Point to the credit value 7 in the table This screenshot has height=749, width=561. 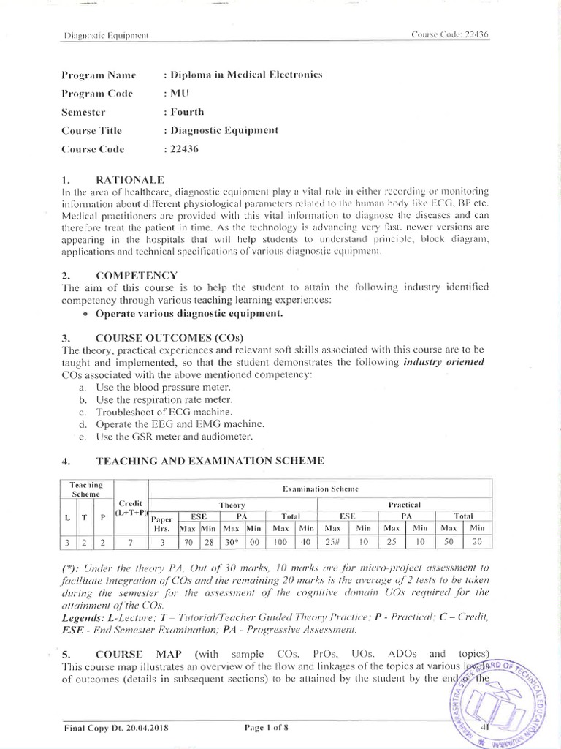tap(131, 543)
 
